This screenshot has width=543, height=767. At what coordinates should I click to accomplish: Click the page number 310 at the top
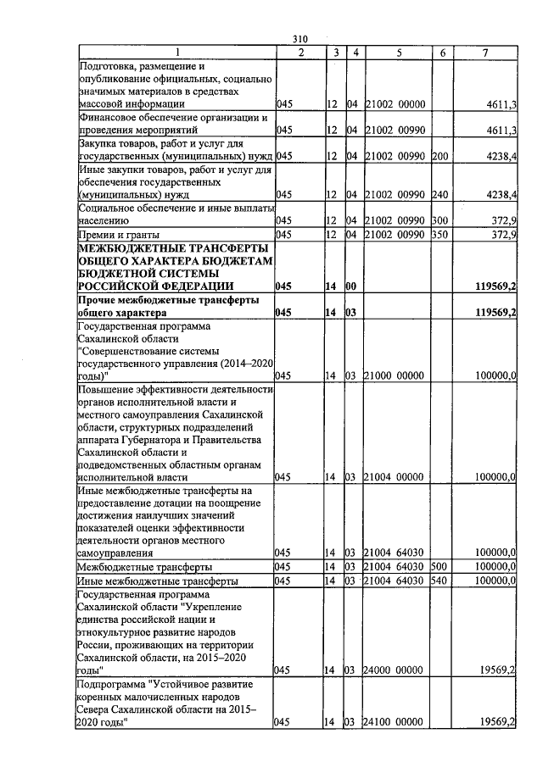tap(299, 39)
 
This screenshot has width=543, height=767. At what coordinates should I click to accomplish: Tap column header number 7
tap(484, 53)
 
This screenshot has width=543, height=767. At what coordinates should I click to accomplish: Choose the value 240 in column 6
tap(439, 194)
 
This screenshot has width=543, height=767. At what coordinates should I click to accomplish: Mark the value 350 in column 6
tap(439, 234)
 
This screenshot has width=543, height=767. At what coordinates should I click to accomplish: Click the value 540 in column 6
tap(439, 581)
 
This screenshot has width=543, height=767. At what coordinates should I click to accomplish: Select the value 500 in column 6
tap(439, 566)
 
